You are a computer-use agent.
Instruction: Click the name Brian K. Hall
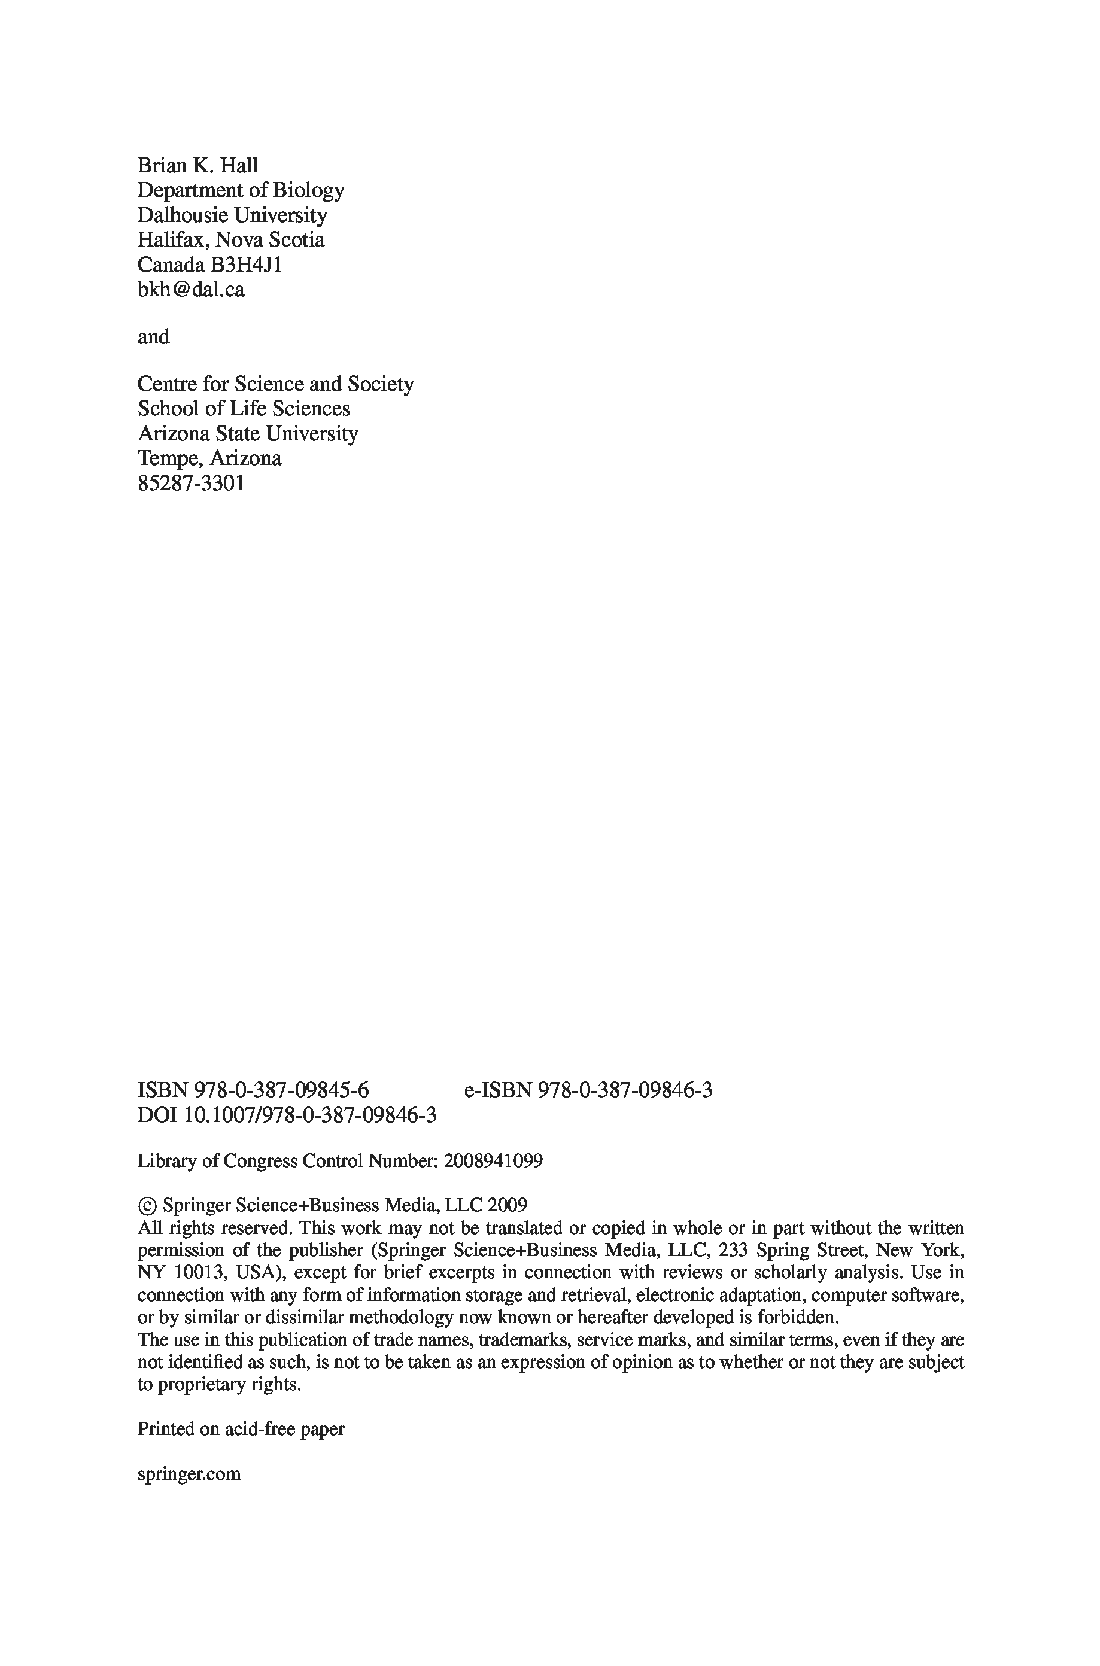tap(198, 166)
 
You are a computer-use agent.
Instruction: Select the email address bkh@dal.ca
tap(191, 290)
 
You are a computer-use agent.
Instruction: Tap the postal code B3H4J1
tap(245, 265)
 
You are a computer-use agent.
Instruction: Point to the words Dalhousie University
tap(232, 215)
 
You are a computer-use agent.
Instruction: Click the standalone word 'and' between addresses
tap(153, 338)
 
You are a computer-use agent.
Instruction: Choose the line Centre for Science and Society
tap(275, 384)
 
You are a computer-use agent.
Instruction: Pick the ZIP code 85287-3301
tap(191, 484)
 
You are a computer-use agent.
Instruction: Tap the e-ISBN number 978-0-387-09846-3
tap(625, 1090)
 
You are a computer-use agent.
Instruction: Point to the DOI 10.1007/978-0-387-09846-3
tap(309, 1115)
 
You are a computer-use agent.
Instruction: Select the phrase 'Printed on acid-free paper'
tap(241, 1429)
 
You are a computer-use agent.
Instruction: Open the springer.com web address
tap(189, 1474)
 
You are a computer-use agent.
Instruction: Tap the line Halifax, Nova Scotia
tap(231, 240)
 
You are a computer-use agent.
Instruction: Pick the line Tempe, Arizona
tap(209, 459)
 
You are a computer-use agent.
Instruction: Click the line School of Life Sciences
tap(244, 409)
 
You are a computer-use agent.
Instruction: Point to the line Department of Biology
tap(241, 190)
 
